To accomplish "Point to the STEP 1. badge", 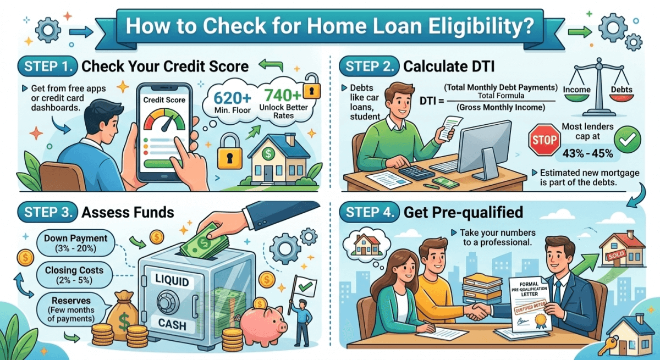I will click(x=48, y=67).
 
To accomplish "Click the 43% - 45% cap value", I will click(x=584, y=153).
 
